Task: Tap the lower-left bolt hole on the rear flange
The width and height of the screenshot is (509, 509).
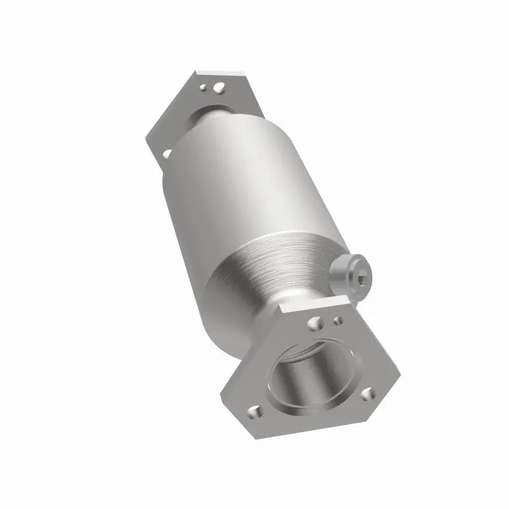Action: pos(167,153)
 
